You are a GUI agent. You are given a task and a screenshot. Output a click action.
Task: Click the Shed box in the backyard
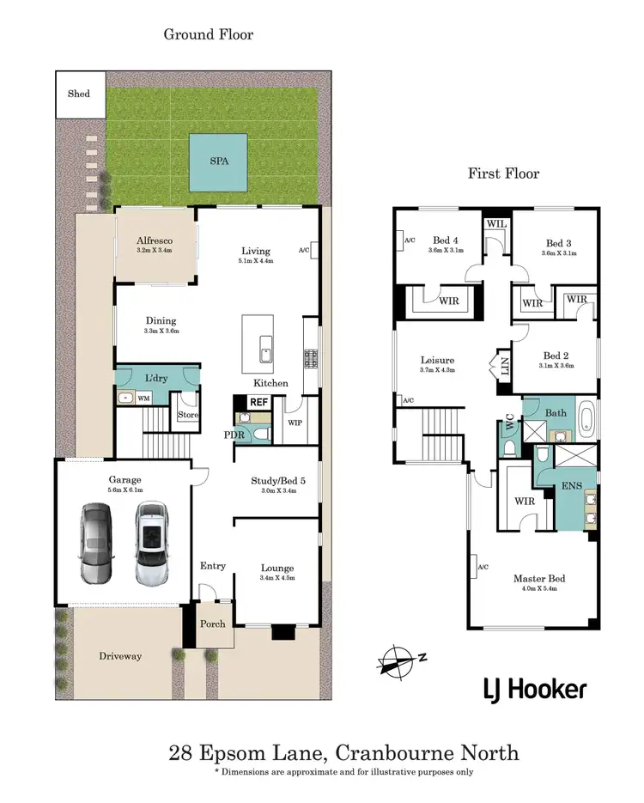click(79, 93)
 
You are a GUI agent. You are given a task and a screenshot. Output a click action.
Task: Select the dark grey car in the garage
click(96, 544)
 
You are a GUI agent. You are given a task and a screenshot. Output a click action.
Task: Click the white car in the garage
click(151, 544)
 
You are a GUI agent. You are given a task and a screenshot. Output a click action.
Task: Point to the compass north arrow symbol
click(398, 660)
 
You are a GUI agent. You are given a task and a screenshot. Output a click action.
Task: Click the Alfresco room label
click(155, 240)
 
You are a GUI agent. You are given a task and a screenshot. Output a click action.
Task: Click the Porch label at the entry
click(212, 624)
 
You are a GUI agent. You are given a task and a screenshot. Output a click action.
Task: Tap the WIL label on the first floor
click(495, 223)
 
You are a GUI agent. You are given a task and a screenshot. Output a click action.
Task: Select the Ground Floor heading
click(209, 34)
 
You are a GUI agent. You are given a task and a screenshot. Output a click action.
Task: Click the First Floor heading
click(503, 173)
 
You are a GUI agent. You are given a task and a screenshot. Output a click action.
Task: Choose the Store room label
click(187, 415)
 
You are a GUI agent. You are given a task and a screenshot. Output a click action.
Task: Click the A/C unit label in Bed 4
click(408, 241)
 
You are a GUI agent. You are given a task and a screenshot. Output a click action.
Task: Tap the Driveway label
click(119, 656)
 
